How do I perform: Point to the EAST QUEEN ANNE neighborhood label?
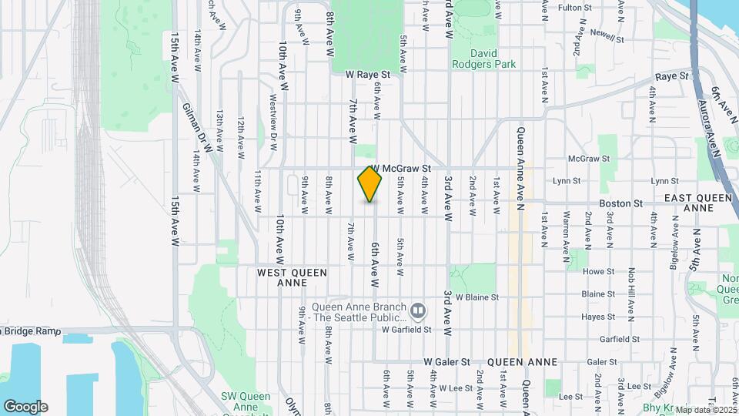(x=697, y=203)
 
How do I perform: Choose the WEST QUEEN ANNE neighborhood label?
(x=292, y=277)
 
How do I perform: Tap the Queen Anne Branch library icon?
(x=418, y=310)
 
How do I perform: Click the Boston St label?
(x=621, y=203)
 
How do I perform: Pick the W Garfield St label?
(x=407, y=329)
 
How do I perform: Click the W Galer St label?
(x=446, y=361)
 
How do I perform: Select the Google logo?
(x=25, y=406)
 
